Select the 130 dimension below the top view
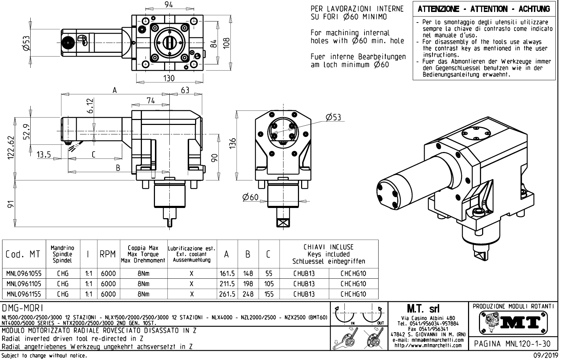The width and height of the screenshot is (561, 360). (x=169, y=78)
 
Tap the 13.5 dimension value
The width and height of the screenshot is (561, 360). (x=44, y=155)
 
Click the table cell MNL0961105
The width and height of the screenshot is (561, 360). (x=24, y=284)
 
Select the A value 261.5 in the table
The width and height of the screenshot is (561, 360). (x=227, y=294)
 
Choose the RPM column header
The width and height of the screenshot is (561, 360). (x=108, y=254)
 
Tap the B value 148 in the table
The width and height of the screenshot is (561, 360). (x=248, y=273)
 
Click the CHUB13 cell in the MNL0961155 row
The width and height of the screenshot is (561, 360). (x=304, y=294)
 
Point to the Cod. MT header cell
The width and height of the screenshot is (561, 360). (x=23, y=254)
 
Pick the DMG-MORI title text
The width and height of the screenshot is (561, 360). (x=23, y=308)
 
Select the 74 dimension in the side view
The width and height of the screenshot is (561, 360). (x=150, y=101)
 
